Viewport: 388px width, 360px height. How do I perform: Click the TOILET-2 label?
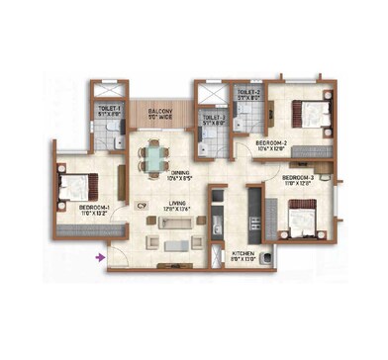(x=247, y=94)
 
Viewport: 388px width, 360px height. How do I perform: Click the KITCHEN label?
(x=242, y=253)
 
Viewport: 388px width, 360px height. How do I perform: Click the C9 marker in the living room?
(x=142, y=205)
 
